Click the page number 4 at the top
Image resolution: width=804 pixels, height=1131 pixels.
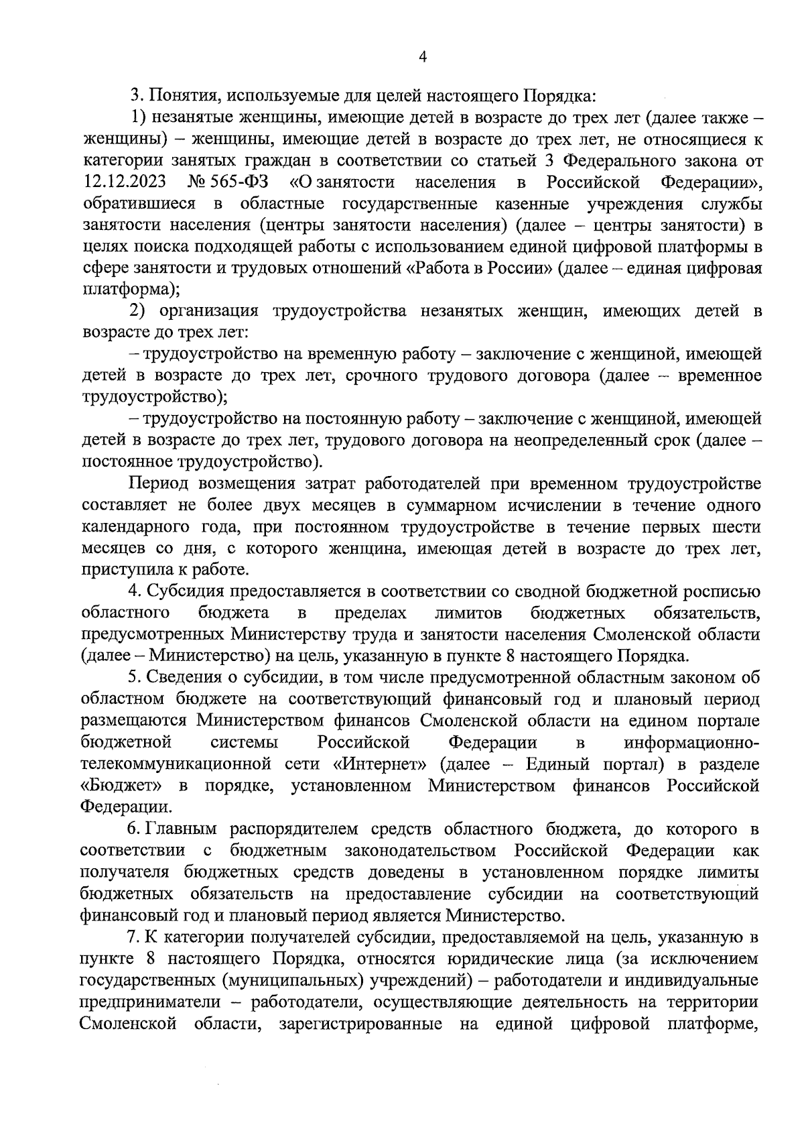(422, 58)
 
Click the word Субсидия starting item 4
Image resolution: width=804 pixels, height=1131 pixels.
(187, 591)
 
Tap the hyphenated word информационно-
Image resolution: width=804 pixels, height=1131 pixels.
(691, 743)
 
